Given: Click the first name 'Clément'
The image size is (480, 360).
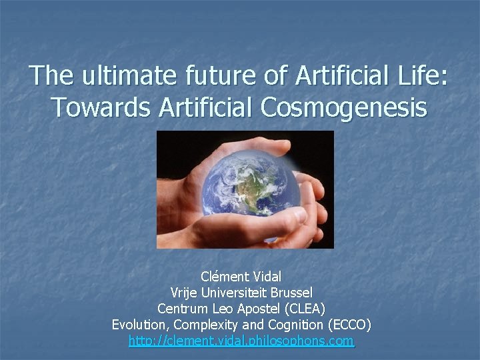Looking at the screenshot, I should pos(223,276).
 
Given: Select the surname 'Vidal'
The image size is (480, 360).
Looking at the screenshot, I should pos(267,276).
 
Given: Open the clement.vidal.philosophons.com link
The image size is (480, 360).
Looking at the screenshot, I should pos(241,342).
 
